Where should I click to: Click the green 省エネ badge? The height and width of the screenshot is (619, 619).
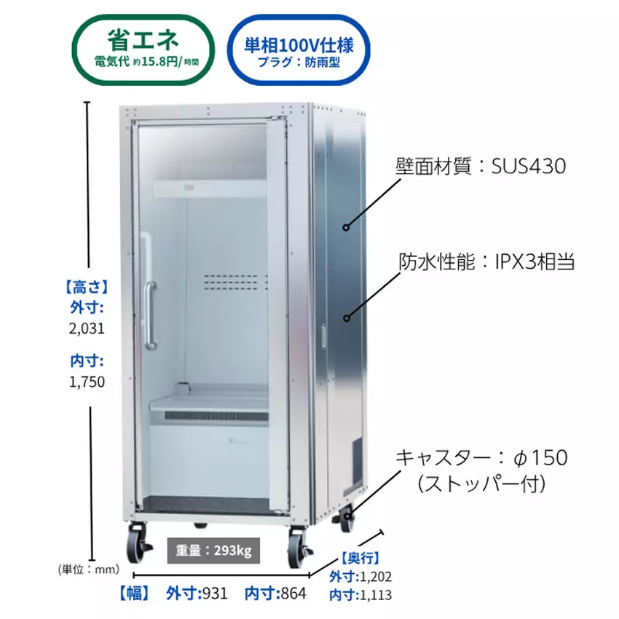(x=143, y=50)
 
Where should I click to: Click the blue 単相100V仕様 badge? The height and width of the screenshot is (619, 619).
(x=299, y=50)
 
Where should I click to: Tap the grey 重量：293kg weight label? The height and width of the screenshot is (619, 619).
(x=213, y=551)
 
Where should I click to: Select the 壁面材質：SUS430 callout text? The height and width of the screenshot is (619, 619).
(x=481, y=166)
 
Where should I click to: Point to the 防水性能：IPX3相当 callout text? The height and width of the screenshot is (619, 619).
(x=486, y=261)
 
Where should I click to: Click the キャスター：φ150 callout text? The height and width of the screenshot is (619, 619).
(x=481, y=458)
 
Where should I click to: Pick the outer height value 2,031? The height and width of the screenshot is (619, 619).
(x=87, y=328)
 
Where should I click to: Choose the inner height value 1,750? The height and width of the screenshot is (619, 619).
(x=87, y=382)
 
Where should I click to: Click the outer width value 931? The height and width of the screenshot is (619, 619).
(x=215, y=594)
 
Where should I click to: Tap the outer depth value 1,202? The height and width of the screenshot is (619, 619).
(x=376, y=577)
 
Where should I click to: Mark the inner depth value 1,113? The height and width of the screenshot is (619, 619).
(x=376, y=595)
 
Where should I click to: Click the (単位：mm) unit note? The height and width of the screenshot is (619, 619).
(x=88, y=569)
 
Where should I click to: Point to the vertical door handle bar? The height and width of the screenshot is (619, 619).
(x=151, y=316)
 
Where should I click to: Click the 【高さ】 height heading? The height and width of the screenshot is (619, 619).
(x=87, y=287)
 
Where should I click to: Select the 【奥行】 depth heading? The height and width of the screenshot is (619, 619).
(x=360, y=559)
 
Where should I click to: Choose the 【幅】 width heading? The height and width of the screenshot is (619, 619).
(x=135, y=594)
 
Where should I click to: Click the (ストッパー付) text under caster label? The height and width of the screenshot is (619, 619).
(x=481, y=484)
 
